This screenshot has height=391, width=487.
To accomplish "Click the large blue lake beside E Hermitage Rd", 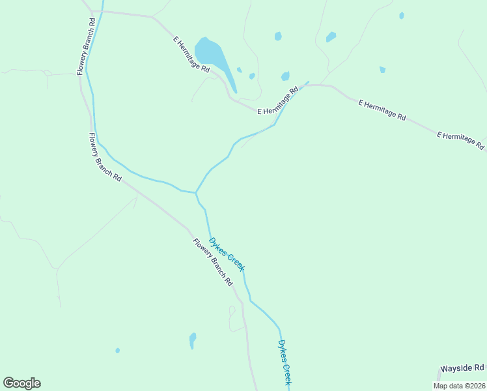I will [213, 55].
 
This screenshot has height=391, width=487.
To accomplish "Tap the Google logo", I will [21, 383].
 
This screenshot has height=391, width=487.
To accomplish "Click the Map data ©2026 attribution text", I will [458, 386].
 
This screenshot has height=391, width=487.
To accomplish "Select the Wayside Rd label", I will [462, 368].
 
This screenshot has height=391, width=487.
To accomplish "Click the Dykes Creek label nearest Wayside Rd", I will [285, 362].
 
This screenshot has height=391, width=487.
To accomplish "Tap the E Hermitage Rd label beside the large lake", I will [191, 54].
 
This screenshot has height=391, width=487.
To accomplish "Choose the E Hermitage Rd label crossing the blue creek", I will [278, 100].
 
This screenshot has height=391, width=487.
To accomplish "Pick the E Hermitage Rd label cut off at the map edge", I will [461, 141].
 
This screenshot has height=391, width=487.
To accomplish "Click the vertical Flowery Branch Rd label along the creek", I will [86, 46].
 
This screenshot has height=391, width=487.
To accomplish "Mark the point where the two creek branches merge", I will [195, 193].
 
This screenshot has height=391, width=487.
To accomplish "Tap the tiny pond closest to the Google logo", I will [117, 351].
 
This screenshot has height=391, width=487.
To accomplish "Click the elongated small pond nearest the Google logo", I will [192, 340].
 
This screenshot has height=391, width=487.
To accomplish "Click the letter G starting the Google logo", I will [8, 383].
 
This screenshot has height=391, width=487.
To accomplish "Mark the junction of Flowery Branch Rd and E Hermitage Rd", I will [93, 12].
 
